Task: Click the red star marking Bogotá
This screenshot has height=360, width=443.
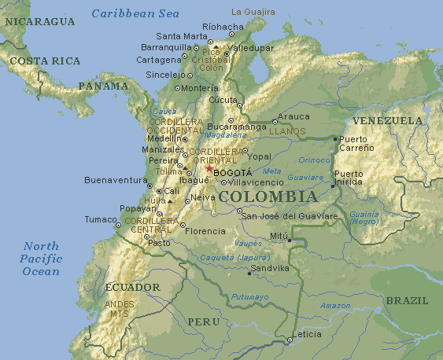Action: tap(209, 168)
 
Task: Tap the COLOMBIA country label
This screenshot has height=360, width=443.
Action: tap(268, 197)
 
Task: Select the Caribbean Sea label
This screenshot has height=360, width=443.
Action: tap(135, 13)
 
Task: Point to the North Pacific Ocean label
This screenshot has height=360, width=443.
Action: tap(41, 259)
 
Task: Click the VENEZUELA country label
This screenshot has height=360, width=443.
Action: tap(387, 121)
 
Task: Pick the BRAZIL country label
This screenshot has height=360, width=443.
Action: tap(407, 301)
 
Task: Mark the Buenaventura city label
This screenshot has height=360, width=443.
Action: tap(116, 180)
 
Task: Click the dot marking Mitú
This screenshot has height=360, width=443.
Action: tap(290, 240)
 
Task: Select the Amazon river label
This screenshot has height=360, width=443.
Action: tap(335, 305)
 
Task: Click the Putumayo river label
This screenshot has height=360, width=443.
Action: tap(249, 297)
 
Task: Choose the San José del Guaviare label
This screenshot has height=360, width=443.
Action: tap(288, 215)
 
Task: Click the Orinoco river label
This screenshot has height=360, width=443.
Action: tap(314, 160)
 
